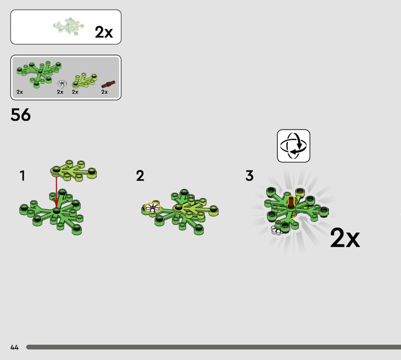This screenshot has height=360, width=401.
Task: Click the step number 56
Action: [21, 115]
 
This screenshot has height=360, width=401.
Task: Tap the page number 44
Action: [15, 347]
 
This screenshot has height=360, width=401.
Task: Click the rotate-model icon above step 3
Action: [293, 146]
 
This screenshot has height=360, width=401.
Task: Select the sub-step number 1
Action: [23, 176]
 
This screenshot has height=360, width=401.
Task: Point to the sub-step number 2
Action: [140, 176]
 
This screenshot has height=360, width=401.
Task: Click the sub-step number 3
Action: [249, 176]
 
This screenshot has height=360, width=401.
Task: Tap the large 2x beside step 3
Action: [345, 238]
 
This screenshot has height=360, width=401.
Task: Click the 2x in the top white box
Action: [104, 32]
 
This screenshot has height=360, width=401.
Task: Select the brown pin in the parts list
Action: [108, 84]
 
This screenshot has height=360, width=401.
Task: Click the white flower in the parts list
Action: [62, 83]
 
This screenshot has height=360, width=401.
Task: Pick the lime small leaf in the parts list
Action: [84, 80]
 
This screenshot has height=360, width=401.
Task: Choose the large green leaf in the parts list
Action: [39, 74]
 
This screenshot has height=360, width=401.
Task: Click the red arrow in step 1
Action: [56, 193]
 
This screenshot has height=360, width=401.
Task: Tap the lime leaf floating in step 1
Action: [74, 170]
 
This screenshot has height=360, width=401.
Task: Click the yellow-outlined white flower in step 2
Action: [152, 208]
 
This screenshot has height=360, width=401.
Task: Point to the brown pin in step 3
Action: [291, 202]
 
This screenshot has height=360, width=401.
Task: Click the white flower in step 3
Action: [277, 230]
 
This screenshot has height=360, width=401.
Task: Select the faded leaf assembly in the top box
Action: [69, 26]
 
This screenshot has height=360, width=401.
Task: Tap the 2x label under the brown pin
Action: [104, 92]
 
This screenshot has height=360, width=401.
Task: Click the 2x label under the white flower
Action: [60, 92]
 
